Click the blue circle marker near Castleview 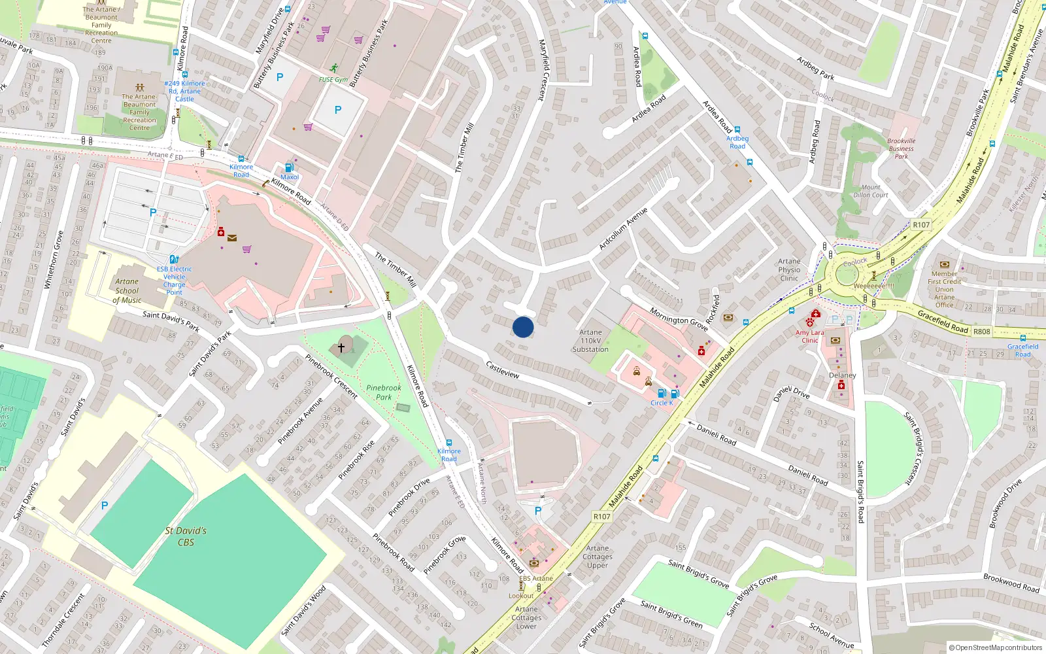pos(523,327)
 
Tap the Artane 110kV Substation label pos(590,341)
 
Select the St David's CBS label pos(186,536)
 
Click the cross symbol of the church pos(341,347)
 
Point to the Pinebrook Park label pos(384,392)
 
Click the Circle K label pos(662,403)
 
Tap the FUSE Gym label pos(333,80)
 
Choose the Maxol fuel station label pos(290,177)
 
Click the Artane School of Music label pos(127,291)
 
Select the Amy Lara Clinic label pos(809,336)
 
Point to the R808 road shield pos(981,332)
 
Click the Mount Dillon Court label pos(871,191)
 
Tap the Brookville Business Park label pos(901,148)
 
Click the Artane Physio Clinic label pos(789,269)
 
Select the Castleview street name pos(502,370)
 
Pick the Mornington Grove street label pos(679,319)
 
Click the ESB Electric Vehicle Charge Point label pos(174,281)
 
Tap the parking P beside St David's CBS pos(105,506)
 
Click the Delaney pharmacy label pos(842,375)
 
